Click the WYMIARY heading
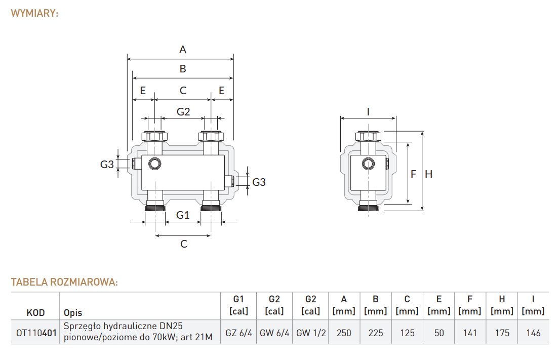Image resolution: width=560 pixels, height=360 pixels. tap(34, 13)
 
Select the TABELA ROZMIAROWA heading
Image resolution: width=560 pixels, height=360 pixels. tap(64, 282)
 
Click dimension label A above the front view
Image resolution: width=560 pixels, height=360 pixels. tap(182, 50)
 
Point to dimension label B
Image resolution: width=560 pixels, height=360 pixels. tap(183, 68)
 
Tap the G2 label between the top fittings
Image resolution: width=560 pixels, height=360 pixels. tap(183, 112)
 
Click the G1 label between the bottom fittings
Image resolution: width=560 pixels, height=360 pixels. tap(182, 215)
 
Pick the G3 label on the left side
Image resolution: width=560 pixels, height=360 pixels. tap(107, 164)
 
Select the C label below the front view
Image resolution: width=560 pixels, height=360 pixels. tap(184, 244)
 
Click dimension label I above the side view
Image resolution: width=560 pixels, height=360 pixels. tap(368, 112)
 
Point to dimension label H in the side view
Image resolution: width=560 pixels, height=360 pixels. tap(428, 174)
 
